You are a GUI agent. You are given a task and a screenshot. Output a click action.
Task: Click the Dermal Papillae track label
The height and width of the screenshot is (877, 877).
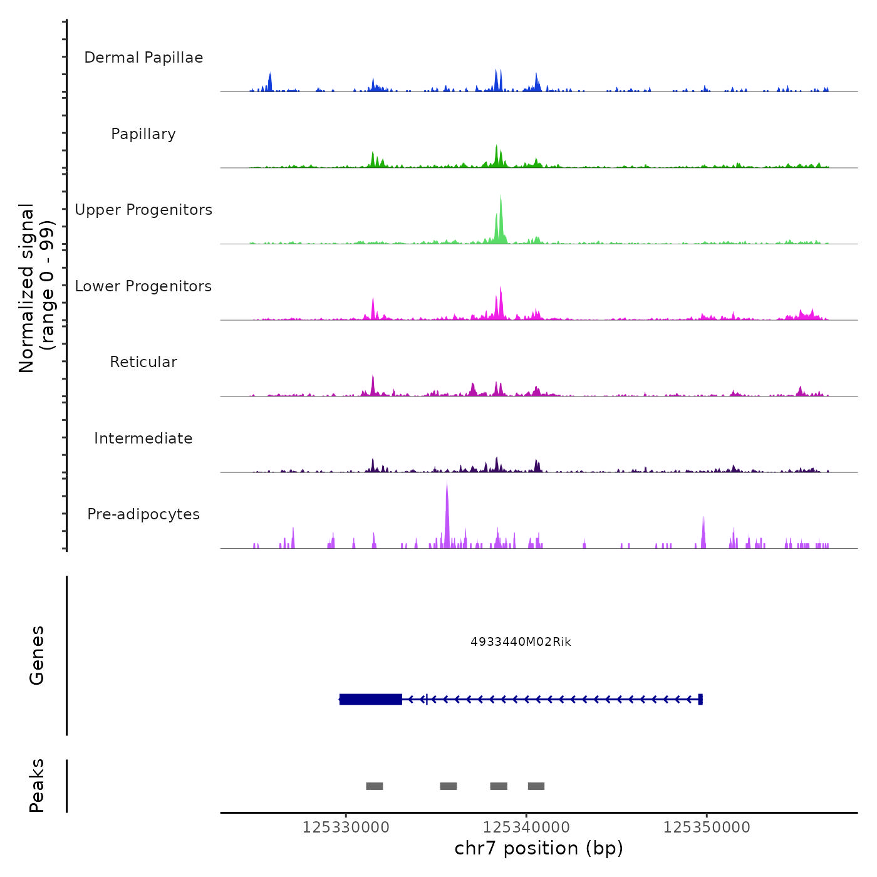tap(143, 58)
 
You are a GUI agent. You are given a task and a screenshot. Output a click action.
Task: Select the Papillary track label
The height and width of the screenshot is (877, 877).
tap(143, 134)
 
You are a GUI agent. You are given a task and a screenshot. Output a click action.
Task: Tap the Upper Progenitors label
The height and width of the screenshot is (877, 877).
tap(143, 210)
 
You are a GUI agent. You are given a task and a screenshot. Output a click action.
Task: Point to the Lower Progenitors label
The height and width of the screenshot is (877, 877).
tap(143, 286)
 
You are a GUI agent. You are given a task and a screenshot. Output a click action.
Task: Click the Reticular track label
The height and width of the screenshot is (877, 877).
tap(143, 362)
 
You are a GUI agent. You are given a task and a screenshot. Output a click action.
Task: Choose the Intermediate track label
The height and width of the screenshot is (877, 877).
tap(143, 438)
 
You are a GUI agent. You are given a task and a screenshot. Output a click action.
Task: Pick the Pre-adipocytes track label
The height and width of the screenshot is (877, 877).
tap(143, 514)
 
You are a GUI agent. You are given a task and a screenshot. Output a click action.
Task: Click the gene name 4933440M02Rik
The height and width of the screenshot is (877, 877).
tap(521, 642)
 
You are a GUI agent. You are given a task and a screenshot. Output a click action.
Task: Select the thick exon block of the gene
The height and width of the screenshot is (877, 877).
tap(371, 699)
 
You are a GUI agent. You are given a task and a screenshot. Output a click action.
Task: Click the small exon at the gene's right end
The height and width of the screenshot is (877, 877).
tap(700, 699)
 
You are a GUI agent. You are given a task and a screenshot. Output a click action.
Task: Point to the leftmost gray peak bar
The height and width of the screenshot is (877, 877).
tap(375, 786)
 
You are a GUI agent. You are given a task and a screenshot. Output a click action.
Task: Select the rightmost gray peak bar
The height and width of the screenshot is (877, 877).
tap(536, 786)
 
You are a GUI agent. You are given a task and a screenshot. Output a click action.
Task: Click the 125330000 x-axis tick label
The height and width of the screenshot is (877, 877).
tap(346, 828)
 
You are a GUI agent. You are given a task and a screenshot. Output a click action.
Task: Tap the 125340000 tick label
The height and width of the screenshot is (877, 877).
tap(526, 828)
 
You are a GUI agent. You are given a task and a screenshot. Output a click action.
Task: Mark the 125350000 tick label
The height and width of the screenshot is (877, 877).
tap(707, 828)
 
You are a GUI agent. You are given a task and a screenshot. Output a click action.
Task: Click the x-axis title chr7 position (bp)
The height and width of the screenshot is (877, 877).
tap(539, 848)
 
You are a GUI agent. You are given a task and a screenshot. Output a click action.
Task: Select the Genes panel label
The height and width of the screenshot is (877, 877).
tap(37, 655)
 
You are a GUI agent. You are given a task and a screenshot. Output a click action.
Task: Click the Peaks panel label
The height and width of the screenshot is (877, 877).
tap(37, 786)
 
